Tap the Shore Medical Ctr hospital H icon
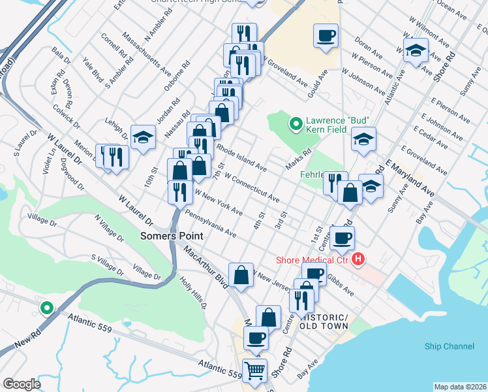358,260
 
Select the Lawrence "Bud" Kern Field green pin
296,122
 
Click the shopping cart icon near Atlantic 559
254,370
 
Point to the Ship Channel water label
449,346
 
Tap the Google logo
22,384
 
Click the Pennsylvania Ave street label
210,223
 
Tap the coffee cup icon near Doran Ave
326,35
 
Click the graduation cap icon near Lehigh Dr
143,137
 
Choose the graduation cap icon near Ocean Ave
415,50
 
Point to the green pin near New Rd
46,307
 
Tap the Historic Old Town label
324,321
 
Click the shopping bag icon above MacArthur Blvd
241,274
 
